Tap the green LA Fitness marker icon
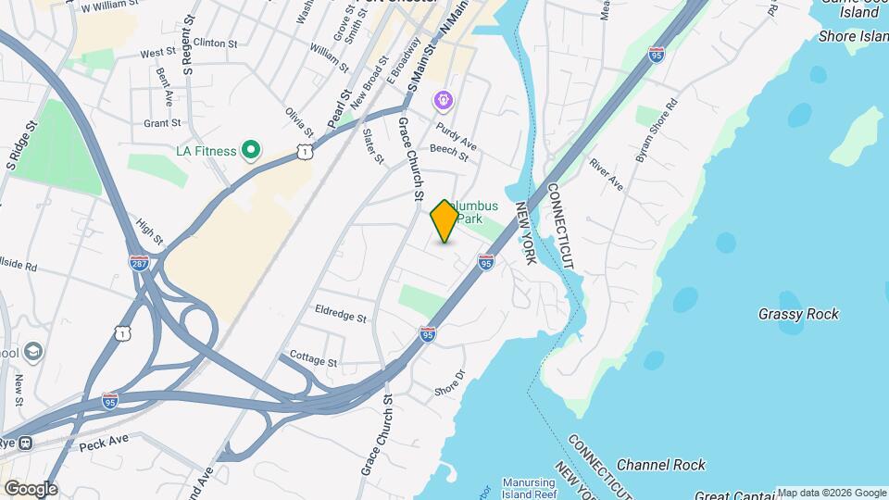pyautogui.click(x=250, y=149)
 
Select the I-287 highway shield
pyautogui.click(x=139, y=262)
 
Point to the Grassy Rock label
pyautogui.click(x=797, y=314)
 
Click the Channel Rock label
pyautogui.click(x=660, y=465)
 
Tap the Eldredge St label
pyautogui.click(x=341, y=315)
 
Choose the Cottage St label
pyautogui.click(x=313, y=356)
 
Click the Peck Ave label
pyautogui.click(x=103, y=445)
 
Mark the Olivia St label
pyautogui.click(x=295, y=123)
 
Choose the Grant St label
pyautogui.click(x=162, y=122)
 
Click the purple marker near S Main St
pyautogui.click(x=444, y=99)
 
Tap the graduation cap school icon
pyautogui.click(x=33, y=352)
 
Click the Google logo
pyautogui.click(x=30, y=489)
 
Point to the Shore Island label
pyautogui.click(x=853, y=36)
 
